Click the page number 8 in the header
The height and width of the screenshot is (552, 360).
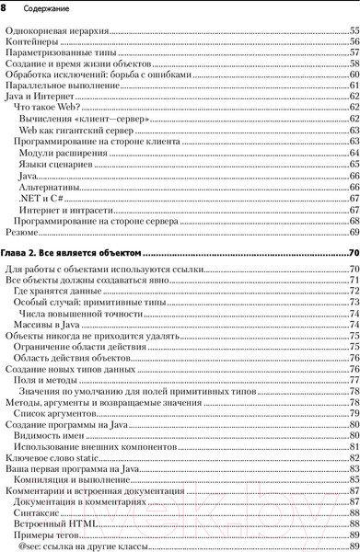click(x=5, y=7)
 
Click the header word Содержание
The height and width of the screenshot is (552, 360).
click(x=39, y=8)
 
